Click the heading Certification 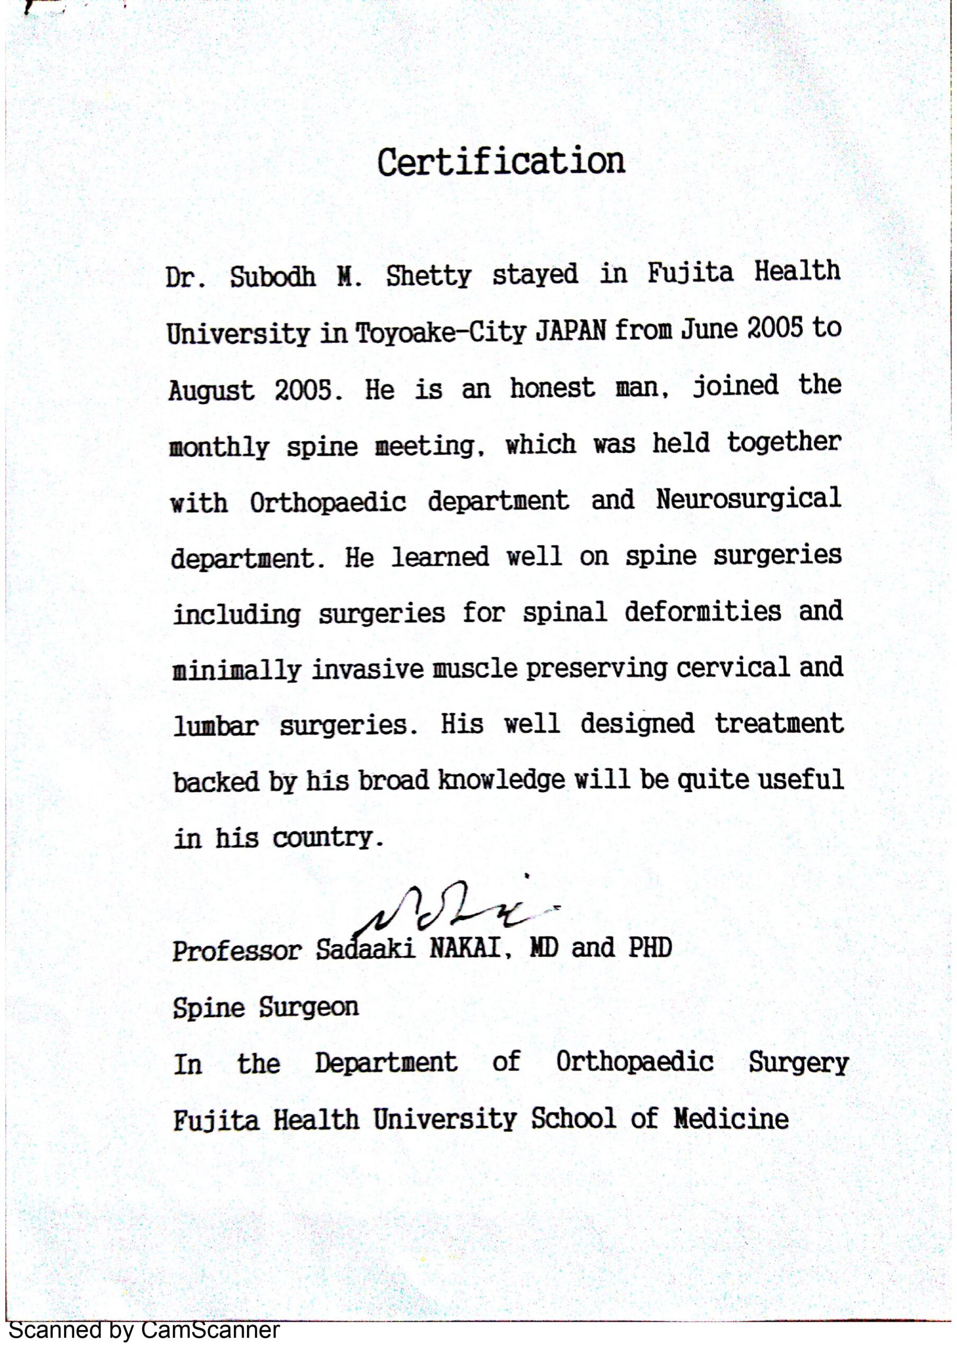(501, 162)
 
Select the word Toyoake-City (440, 334)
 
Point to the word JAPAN (570, 332)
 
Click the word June (704, 329)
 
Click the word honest (552, 388)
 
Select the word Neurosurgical (748, 499)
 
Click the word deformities (703, 611)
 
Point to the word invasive (368, 670)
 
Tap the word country (323, 838)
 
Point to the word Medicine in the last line (731, 1119)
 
